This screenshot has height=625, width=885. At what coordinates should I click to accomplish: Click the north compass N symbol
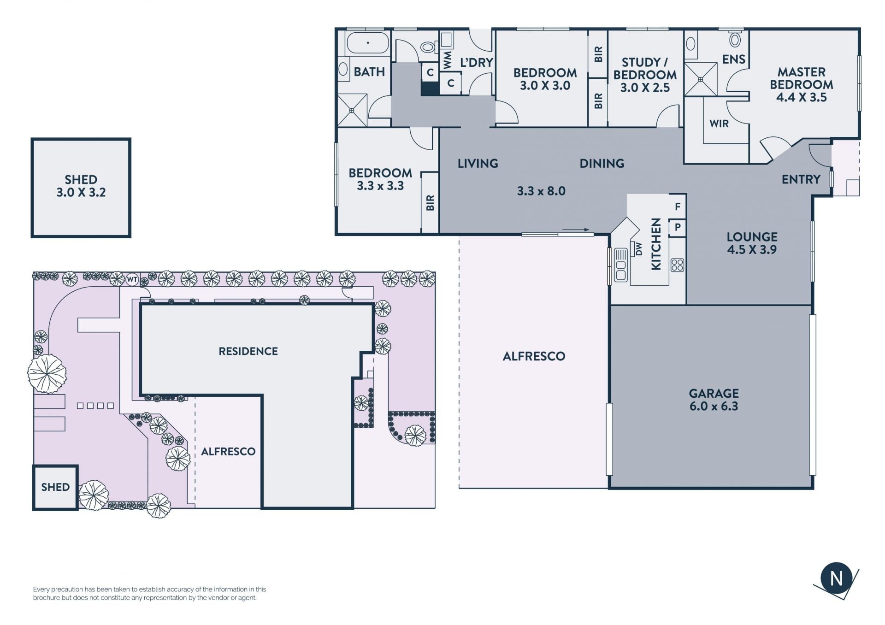(836, 578)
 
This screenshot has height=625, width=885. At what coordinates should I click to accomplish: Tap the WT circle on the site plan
(132, 279)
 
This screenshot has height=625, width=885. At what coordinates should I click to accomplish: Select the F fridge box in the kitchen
(678, 206)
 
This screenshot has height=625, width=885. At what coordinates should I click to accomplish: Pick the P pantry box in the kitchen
(678, 227)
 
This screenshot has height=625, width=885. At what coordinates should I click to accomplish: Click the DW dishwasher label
(639, 248)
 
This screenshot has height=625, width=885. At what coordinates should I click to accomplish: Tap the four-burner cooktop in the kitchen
(677, 265)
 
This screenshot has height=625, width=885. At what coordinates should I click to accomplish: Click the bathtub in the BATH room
(368, 43)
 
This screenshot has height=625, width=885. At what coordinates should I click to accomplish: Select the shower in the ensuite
(701, 79)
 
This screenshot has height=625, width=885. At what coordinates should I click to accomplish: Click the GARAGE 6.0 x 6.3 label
(714, 400)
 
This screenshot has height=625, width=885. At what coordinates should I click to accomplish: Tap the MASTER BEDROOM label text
(802, 78)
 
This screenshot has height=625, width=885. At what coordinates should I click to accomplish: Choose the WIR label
(719, 124)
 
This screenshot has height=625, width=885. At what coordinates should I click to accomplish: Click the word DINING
(602, 163)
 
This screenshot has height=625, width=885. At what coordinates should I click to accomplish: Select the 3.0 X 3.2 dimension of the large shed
(81, 193)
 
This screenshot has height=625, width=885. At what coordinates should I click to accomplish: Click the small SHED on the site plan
(55, 487)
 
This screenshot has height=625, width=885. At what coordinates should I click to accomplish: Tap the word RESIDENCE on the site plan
(248, 351)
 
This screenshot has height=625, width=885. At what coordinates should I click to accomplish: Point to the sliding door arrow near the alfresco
(576, 230)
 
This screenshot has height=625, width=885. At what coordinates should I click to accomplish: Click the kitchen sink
(620, 265)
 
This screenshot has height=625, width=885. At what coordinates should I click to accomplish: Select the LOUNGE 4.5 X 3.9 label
(752, 243)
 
